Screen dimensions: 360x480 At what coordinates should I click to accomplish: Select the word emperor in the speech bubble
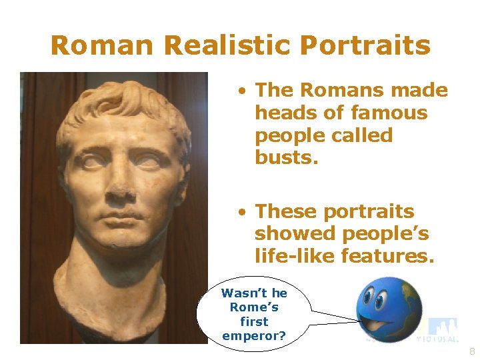pyautogui.click(x=254, y=335)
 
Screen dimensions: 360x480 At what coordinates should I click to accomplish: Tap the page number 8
pyautogui.click(x=472, y=351)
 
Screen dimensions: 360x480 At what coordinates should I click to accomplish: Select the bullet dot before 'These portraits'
pyautogui.click(x=245, y=212)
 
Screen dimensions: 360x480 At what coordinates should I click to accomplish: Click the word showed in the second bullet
pyautogui.click(x=294, y=233)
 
